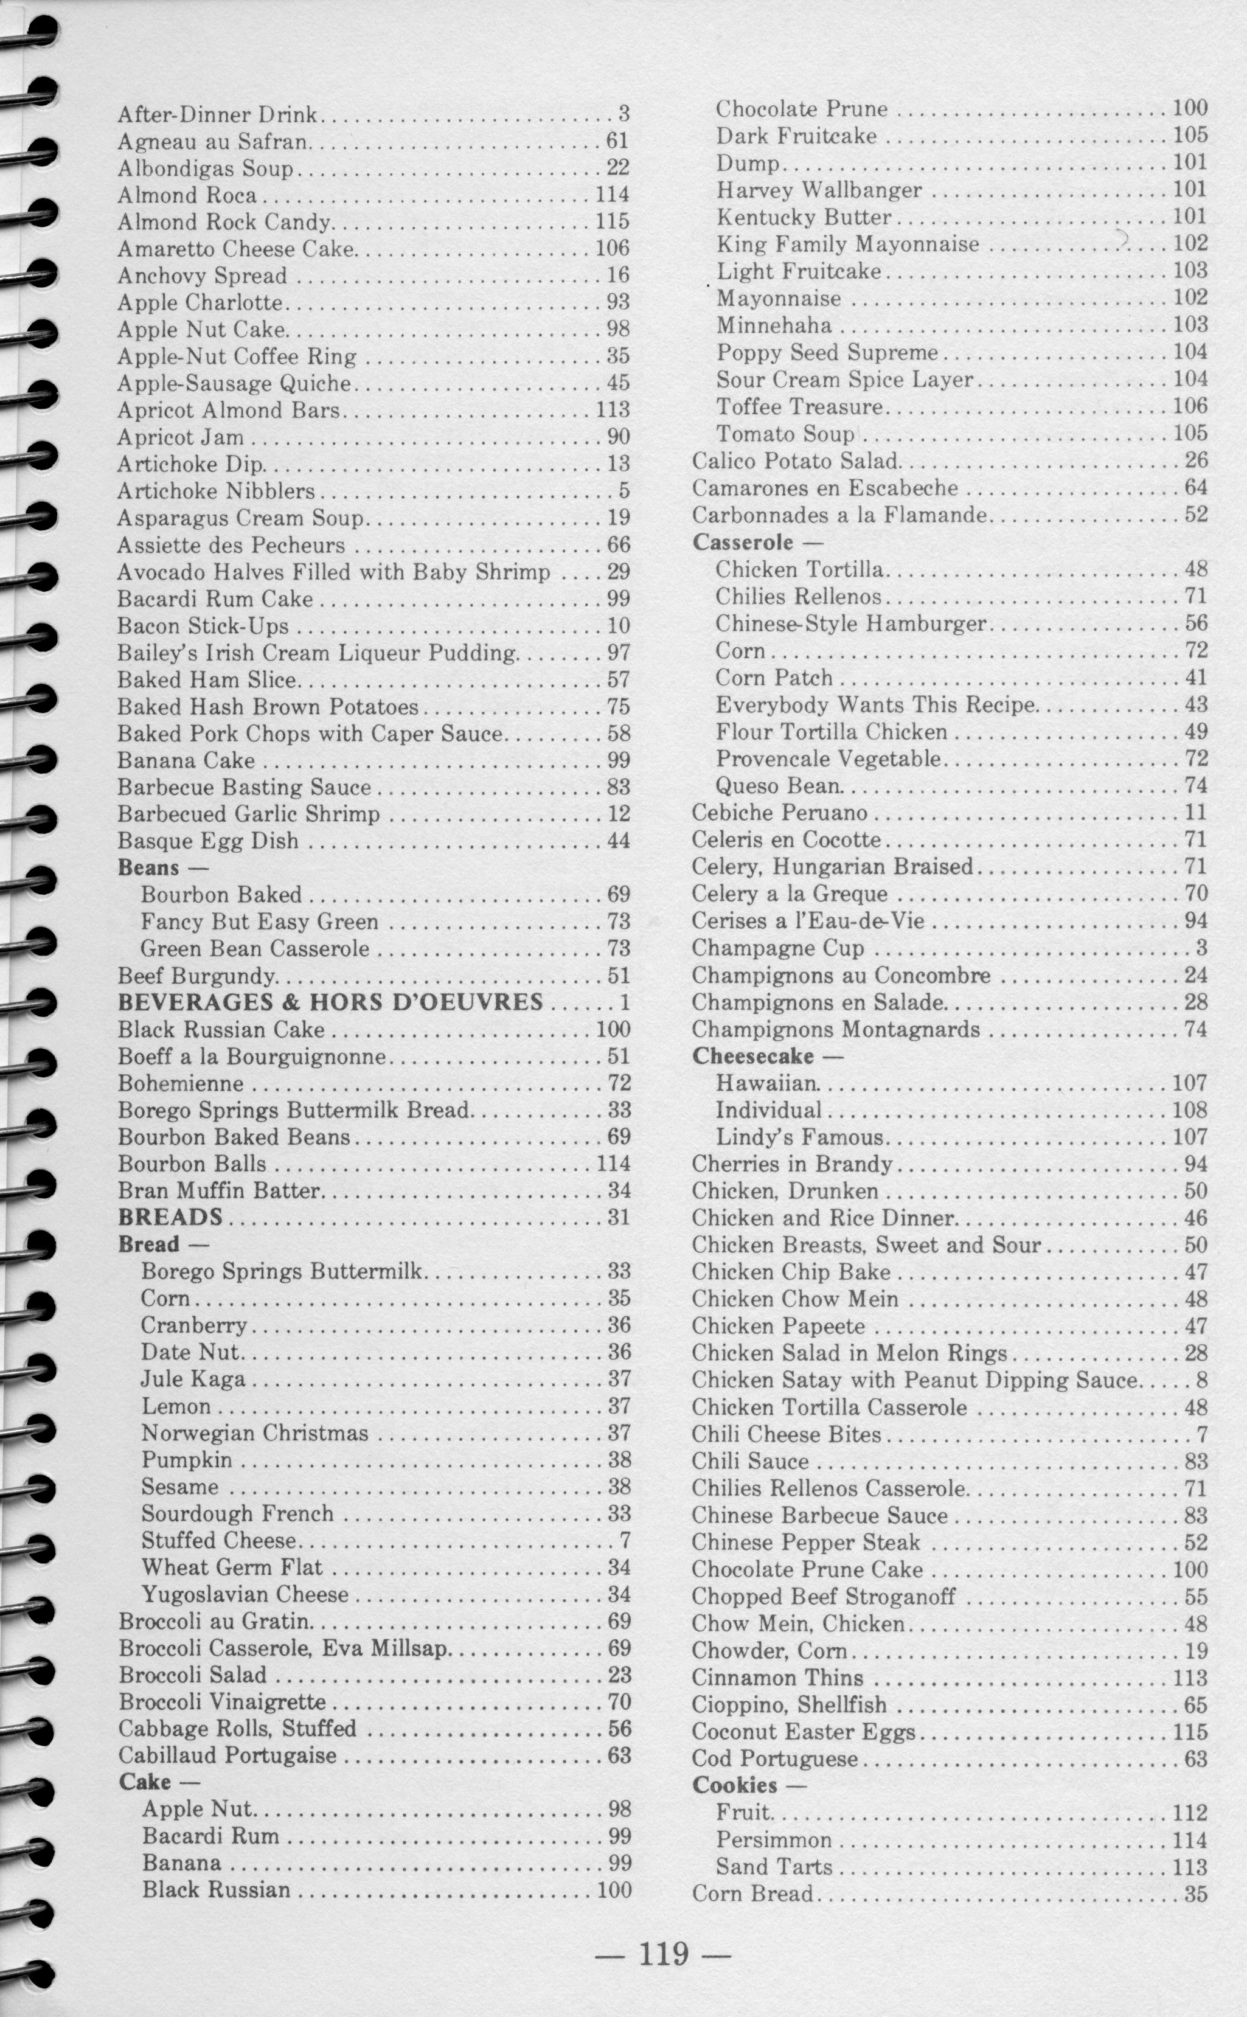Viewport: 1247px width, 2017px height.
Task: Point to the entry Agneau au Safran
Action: pyautogui.click(x=214, y=142)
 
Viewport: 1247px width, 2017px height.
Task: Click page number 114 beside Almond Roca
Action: pyautogui.click(x=612, y=195)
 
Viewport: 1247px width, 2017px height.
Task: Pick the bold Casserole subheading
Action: pyautogui.click(x=742, y=543)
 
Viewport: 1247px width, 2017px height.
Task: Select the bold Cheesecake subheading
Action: pyautogui.click(x=752, y=1057)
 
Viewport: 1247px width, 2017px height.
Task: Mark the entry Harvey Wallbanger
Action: pyautogui.click(x=818, y=190)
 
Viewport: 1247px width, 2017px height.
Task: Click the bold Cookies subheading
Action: pyautogui.click(x=734, y=1785)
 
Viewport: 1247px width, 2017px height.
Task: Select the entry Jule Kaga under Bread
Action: pyautogui.click(x=193, y=1379)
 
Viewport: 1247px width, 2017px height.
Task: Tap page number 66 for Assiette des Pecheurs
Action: pyautogui.click(x=619, y=545)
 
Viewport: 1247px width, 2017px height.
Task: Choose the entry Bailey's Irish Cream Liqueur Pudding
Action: pyautogui.click(x=318, y=653)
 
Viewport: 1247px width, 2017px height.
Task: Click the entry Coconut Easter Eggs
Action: pyautogui.click(x=804, y=1732)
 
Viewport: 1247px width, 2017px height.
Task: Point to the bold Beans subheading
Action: pyautogui.click(x=148, y=867)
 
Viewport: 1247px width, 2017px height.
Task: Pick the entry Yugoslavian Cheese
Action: pyautogui.click(x=245, y=1595)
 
